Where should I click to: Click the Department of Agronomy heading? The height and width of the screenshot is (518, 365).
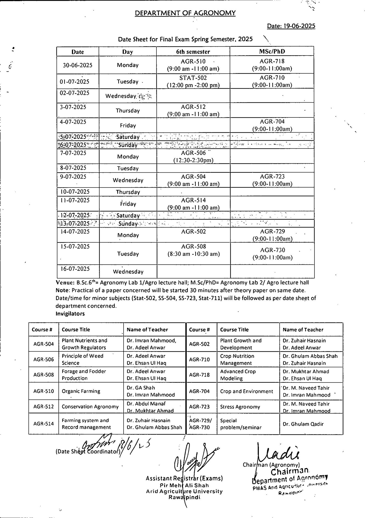click(185, 13)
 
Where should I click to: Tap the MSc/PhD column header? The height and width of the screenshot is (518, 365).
click(272, 51)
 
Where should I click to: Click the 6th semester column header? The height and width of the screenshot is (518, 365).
click(193, 52)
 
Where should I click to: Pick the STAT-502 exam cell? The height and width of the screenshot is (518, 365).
click(193, 81)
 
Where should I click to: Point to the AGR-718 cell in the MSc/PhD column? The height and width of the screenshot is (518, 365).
click(272, 65)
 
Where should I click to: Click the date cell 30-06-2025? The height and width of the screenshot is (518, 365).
click(77, 65)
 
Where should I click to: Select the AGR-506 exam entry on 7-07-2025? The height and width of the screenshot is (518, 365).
click(193, 156)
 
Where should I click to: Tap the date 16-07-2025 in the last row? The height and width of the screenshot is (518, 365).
click(75, 269)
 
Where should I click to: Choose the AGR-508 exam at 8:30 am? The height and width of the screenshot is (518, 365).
click(193, 250)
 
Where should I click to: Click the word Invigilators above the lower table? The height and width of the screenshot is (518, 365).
click(70, 314)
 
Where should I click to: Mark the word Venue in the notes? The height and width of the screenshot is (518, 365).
click(65, 283)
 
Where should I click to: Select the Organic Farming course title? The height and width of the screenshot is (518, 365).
click(81, 391)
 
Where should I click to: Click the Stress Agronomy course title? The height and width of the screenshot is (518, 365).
click(240, 407)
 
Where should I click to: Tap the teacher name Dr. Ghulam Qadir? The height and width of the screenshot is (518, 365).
click(303, 424)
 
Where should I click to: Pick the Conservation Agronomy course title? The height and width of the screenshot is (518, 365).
click(90, 407)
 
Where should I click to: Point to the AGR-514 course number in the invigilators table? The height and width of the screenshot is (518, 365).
click(44, 424)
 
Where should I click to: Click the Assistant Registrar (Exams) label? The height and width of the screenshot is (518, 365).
click(184, 478)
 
